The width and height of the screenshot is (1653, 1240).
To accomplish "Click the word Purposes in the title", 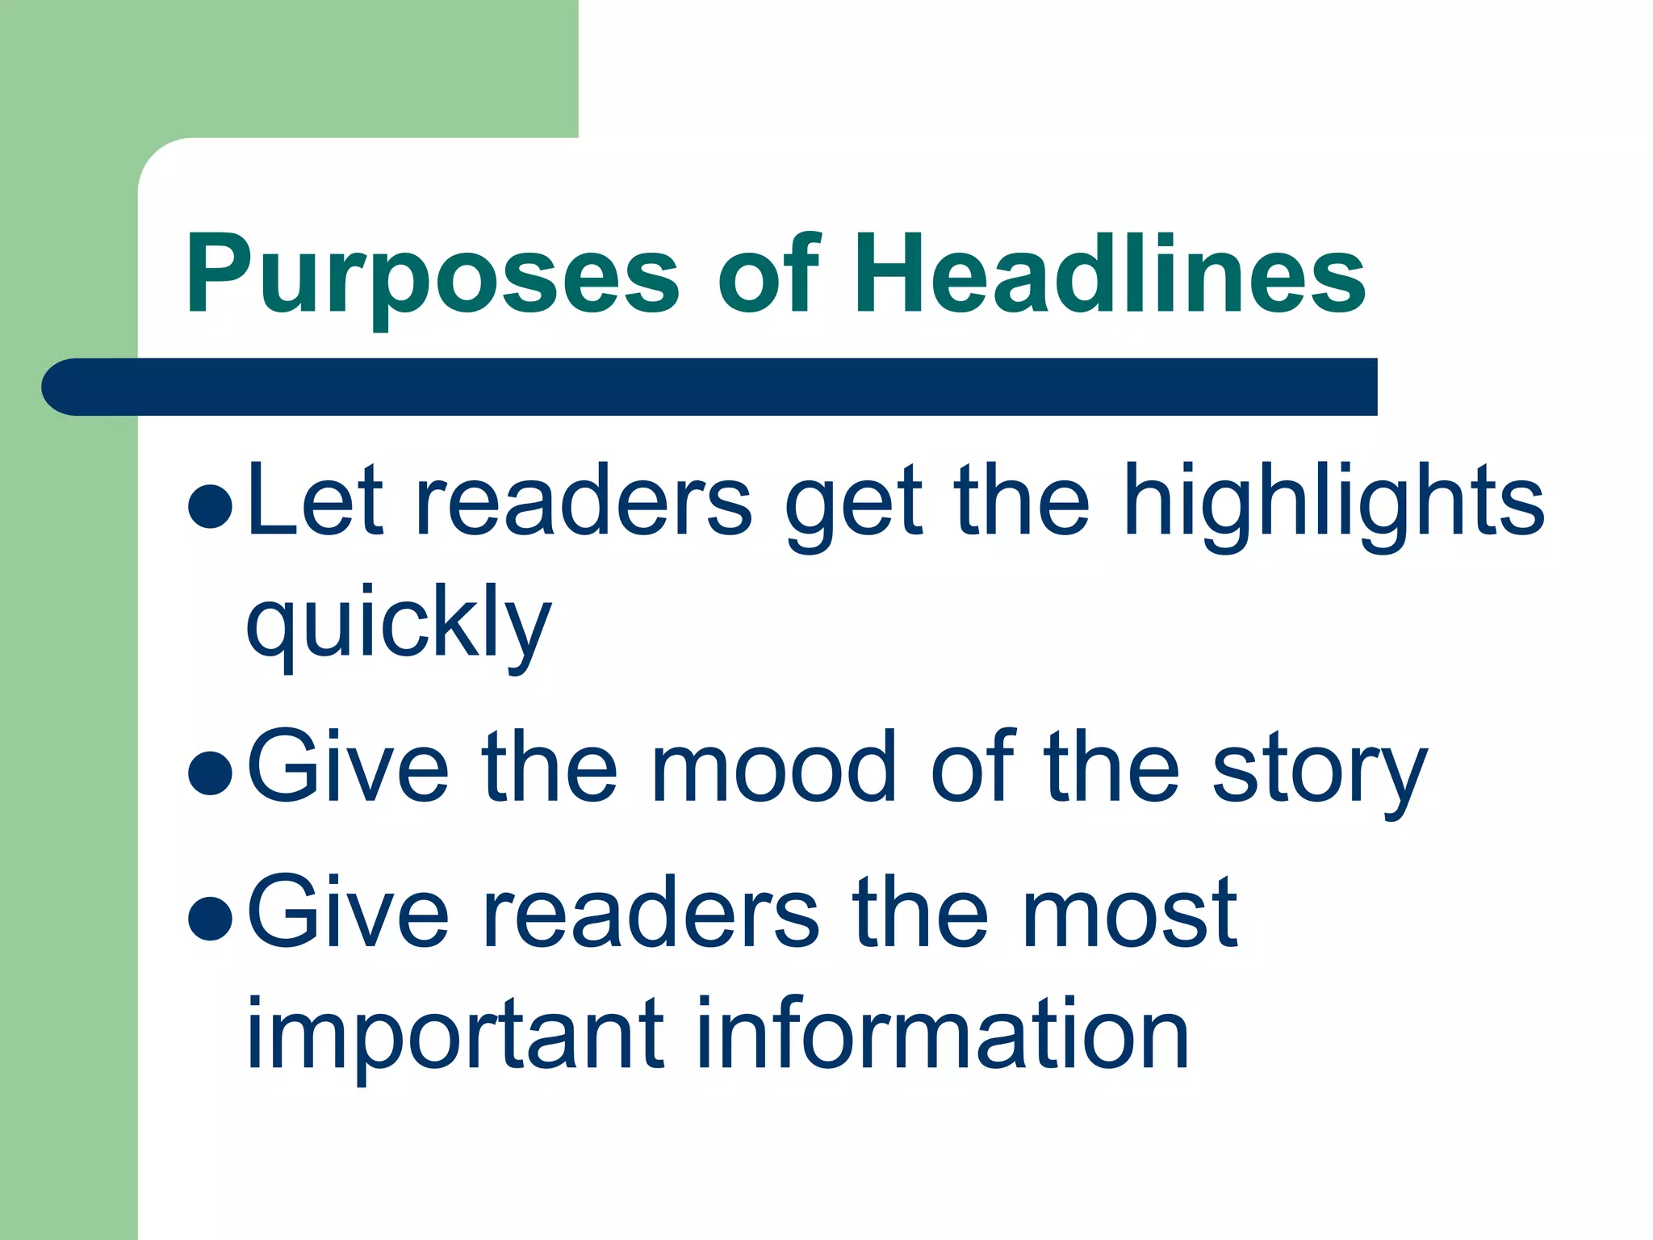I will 432,274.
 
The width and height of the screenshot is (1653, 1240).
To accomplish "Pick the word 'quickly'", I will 399,626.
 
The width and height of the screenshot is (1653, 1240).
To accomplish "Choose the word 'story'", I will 1319,771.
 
